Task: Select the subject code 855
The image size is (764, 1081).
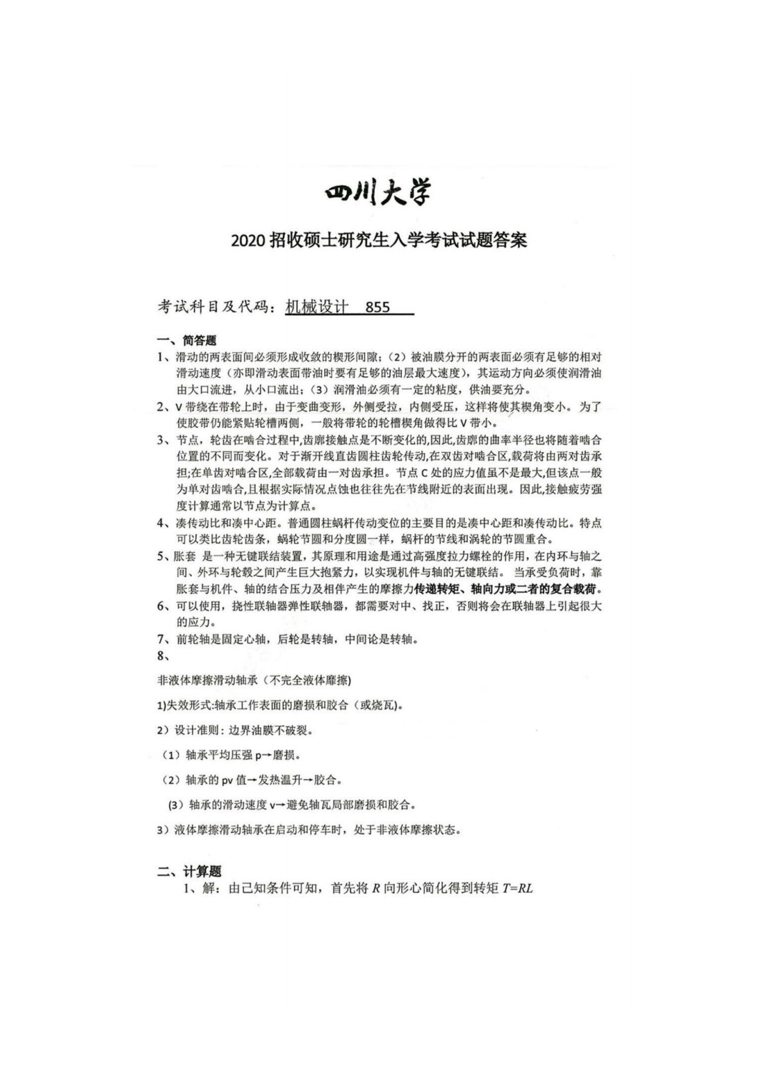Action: [377, 307]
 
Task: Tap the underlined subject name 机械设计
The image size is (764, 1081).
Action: [317, 307]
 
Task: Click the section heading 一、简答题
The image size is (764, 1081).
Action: [187, 340]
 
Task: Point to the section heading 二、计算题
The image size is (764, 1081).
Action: [190, 872]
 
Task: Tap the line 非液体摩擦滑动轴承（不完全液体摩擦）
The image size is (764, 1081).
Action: [254, 680]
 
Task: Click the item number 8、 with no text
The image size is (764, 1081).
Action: [163, 656]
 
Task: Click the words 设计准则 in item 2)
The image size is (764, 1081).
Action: [198, 730]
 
